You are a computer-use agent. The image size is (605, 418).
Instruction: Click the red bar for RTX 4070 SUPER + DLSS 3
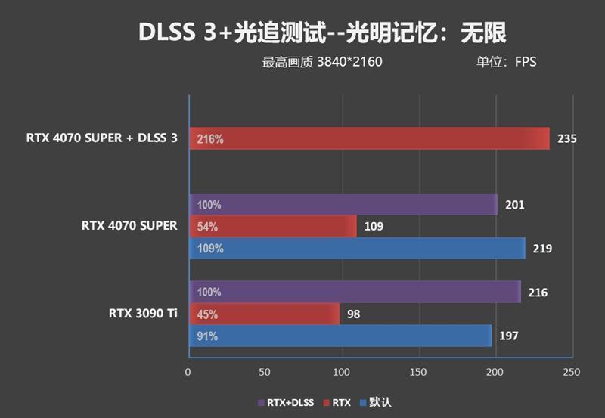point(369,139)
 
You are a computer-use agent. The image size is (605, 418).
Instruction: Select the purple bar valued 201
point(343,205)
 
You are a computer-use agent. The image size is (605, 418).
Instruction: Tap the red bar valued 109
point(272,226)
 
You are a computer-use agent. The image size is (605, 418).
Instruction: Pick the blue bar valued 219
point(356,248)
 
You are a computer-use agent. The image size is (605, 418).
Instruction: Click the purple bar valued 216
point(354,292)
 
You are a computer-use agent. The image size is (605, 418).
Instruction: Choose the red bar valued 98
point(264,314)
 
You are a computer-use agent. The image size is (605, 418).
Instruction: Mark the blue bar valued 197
point(340,336)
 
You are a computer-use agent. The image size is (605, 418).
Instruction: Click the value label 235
point(566,139)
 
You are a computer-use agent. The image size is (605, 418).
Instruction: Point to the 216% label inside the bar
point(209,139)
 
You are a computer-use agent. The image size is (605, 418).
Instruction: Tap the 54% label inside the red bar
point(207,226)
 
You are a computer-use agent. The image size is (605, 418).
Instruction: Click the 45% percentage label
point(207,314)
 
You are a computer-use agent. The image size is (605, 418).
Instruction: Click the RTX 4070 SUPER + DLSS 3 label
point(102,138)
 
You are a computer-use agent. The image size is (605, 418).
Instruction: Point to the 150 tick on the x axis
point(418,372)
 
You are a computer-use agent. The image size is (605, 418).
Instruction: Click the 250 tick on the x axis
point(572,372)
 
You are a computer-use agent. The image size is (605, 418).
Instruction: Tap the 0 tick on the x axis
point(188,372)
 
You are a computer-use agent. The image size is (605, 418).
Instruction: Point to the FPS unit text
point(526,62)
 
